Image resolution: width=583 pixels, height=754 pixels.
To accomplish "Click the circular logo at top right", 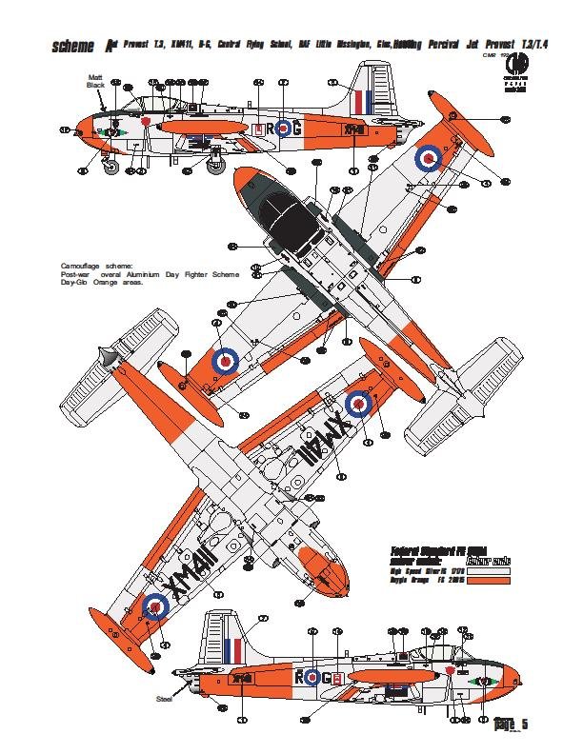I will click(x=521, y=68).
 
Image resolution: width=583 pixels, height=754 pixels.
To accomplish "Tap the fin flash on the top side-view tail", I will click(x=362, y=101).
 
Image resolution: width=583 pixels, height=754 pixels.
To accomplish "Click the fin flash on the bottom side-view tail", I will click(x=233, y=652).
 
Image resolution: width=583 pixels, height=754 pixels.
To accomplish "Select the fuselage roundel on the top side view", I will click(x=283, y=128).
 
